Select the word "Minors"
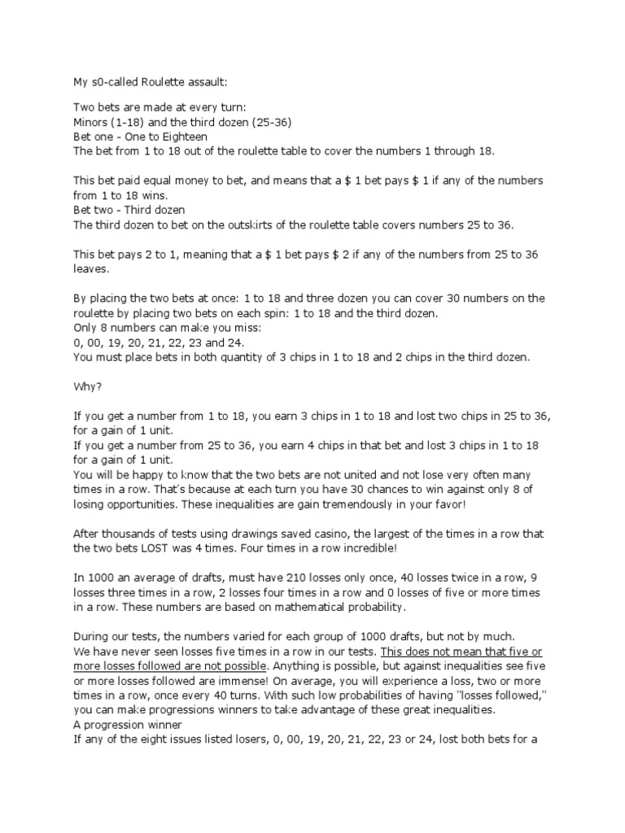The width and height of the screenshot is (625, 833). click(x=93, y=121)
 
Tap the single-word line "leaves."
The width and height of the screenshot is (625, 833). click(x=91, y=268)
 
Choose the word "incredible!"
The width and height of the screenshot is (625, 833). click(x=370, y=548)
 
